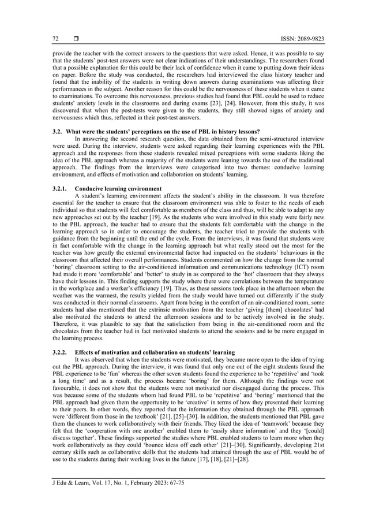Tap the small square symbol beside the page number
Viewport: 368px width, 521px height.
[75, 39]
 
